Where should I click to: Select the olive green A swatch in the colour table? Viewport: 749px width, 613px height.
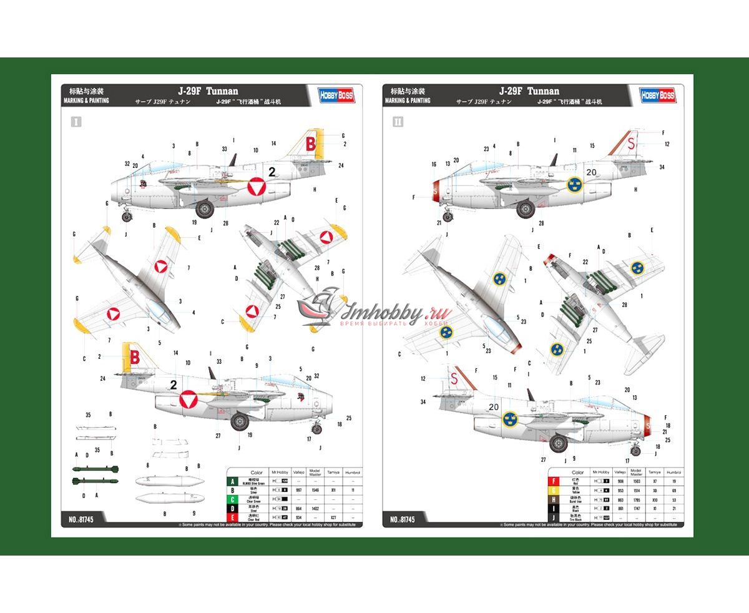click(233, 481)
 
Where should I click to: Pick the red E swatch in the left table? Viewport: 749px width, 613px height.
click(233, 517)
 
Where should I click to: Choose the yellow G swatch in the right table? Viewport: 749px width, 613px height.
click(553, 491)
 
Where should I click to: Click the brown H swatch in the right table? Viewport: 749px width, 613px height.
click(553, 499)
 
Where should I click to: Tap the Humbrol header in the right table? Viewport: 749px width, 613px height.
click(673, 473)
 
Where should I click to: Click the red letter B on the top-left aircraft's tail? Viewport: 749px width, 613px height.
click(310, 145)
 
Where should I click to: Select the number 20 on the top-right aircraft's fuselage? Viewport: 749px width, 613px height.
click(591, 172)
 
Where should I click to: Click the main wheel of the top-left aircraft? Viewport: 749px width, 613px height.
click(205, 208)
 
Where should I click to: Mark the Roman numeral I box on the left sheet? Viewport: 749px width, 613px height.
click(76, 122)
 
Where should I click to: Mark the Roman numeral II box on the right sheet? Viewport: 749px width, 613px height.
click(398, 122)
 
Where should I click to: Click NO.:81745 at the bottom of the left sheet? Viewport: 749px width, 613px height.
click(81, 519)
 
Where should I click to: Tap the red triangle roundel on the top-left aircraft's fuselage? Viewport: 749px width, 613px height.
click(256, 186)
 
